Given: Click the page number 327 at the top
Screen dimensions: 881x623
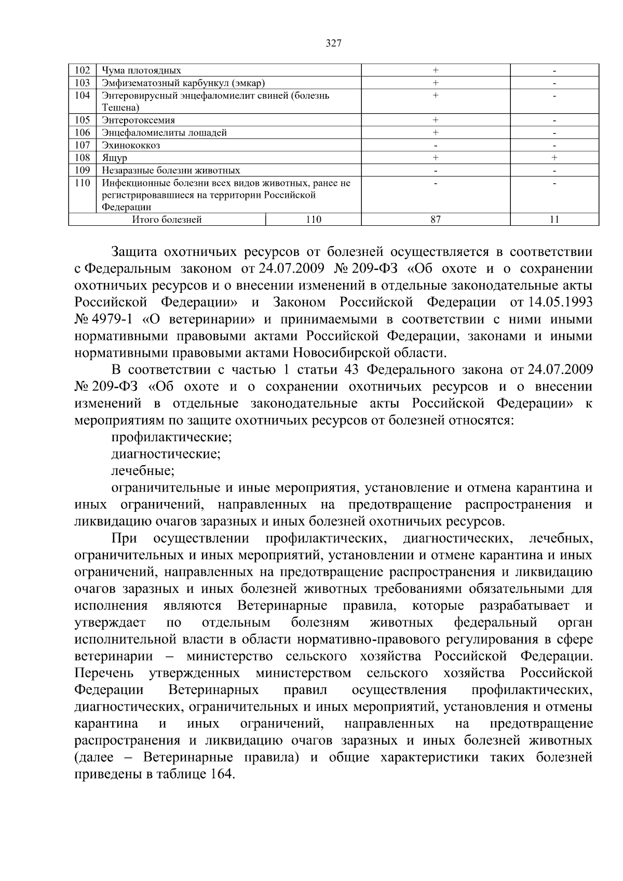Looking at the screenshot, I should click(334, 44).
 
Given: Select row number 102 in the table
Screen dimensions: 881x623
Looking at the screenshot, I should click(83, 70).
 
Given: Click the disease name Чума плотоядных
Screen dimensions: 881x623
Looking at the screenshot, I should click(141, 70).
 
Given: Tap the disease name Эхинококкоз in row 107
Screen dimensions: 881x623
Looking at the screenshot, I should click(131, 145).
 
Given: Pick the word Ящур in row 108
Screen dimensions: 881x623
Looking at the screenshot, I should click(114, 157).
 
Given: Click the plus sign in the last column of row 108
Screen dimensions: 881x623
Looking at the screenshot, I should click(554, 157).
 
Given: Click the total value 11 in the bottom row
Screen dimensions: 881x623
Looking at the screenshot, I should click(554, 220).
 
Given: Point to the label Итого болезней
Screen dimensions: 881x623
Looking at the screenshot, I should click(167, 220).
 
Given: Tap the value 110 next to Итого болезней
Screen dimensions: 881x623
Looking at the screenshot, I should click(313, 220).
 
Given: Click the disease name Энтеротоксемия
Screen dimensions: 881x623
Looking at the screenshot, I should click(138, 120).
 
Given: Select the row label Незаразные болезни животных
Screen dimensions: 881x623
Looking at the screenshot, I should click(171, 170).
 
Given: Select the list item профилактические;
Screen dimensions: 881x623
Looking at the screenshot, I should click(171, 437).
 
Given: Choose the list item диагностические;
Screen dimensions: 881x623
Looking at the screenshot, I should click(166, 454).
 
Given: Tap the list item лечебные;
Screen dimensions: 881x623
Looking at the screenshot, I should click(143, 471).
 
